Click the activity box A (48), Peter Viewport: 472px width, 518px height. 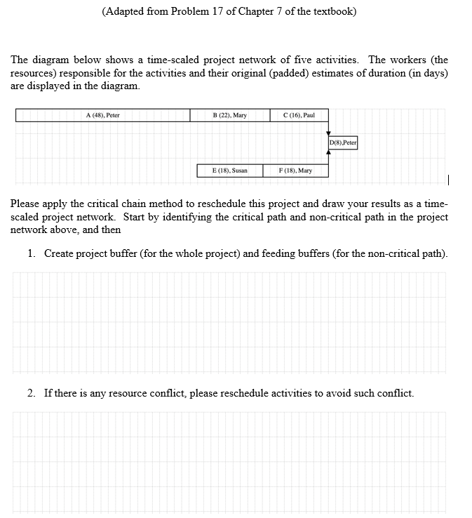click(102, 115)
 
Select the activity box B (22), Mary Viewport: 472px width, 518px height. click(229, 115)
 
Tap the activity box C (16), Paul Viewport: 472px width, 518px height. click(299, 115)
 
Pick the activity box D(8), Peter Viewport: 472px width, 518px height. click(343, 143)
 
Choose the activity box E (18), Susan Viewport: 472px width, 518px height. click(230, 171)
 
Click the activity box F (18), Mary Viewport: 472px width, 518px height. click(295, 171)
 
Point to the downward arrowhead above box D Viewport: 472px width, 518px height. click(328, 133)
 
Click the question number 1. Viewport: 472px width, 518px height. click(32, 253)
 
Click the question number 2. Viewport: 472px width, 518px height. click(32, 393)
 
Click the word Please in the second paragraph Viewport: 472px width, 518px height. click(26, 204)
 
